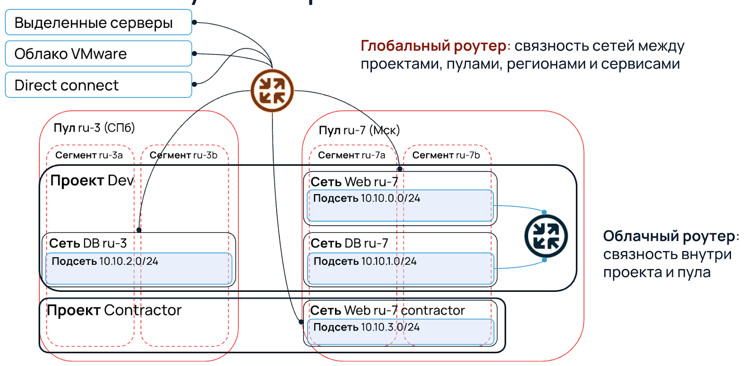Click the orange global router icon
click(272, 91)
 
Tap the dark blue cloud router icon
click(546, 236)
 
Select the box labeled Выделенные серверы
click(98, 23)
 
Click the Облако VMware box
click(98, 54)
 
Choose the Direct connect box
click(98, 85)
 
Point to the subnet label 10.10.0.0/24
click(367, 198)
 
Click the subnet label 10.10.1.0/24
click(365, 261)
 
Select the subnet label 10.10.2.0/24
click(105, 261)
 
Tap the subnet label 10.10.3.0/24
click(366, 327)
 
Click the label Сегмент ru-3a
click(89, 155)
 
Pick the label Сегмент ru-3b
click(183, 155)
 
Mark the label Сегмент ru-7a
click(352, 155)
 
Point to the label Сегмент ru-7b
click(446, 155)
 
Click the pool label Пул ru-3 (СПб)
click(94, 128)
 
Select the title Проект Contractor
click(114, 310)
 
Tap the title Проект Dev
click(92, 180)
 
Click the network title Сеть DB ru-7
click(349, 243)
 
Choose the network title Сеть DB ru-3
click(88, 243)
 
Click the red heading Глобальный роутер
click(433, 46)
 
